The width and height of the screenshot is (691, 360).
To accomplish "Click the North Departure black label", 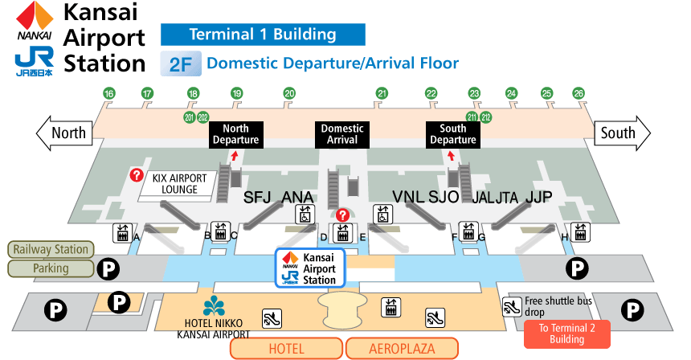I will pyautogui.click(x=235, y=134).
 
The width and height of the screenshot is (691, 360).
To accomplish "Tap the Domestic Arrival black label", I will pyautogui.click(x=342, y=134).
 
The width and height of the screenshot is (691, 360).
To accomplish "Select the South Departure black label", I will pyautogui.click(x=453, y=134).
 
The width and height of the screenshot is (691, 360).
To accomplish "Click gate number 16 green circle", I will pyautogui.click(x=109, y=94).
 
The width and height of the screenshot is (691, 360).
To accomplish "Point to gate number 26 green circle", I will pyautogui.click(x=579, y=94).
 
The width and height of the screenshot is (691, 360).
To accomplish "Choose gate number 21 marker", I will pyautogui.click(x=382, y=94).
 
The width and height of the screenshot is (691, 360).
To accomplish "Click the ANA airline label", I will pyautogui.click(x=297, y=198).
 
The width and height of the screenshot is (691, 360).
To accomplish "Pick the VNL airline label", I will pyautogui.click(x=407, y=198).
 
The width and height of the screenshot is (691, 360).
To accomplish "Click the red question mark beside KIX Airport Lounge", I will pyautogui.click(x=137, y=174).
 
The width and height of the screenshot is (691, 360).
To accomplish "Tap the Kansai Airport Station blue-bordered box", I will pyautogui.click(x=310, y=268).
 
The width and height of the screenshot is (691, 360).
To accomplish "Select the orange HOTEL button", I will pyautogui.click(x=286, y=348).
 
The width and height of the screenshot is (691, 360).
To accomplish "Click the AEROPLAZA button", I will pyautogui.click(x=402, y=348).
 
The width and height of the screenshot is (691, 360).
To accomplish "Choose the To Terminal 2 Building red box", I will pyautogui.click(x=567, y=333).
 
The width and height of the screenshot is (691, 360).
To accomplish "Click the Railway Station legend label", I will pyautogui.click(x=50, y=249).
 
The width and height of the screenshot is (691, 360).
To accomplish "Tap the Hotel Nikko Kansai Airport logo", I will pyautogui.click(x=214, y=306).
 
